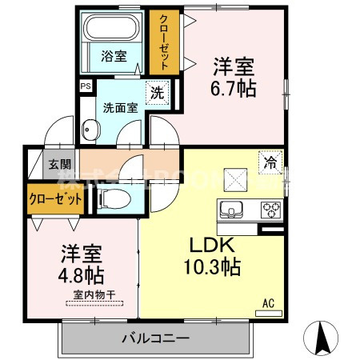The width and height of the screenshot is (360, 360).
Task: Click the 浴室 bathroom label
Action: coord(114,56)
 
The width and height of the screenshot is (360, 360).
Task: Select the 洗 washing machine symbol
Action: coord(158,92)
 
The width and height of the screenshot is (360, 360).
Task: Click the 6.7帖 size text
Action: coord(234,89)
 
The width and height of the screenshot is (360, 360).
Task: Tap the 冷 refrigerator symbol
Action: coord(270,162)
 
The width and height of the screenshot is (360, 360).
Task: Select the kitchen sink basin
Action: coord(232,210)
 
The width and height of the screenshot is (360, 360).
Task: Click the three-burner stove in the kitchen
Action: coord(270,210)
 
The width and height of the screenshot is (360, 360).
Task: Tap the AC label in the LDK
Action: coord(269,303)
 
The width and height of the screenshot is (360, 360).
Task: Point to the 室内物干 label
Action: coord(94,296)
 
